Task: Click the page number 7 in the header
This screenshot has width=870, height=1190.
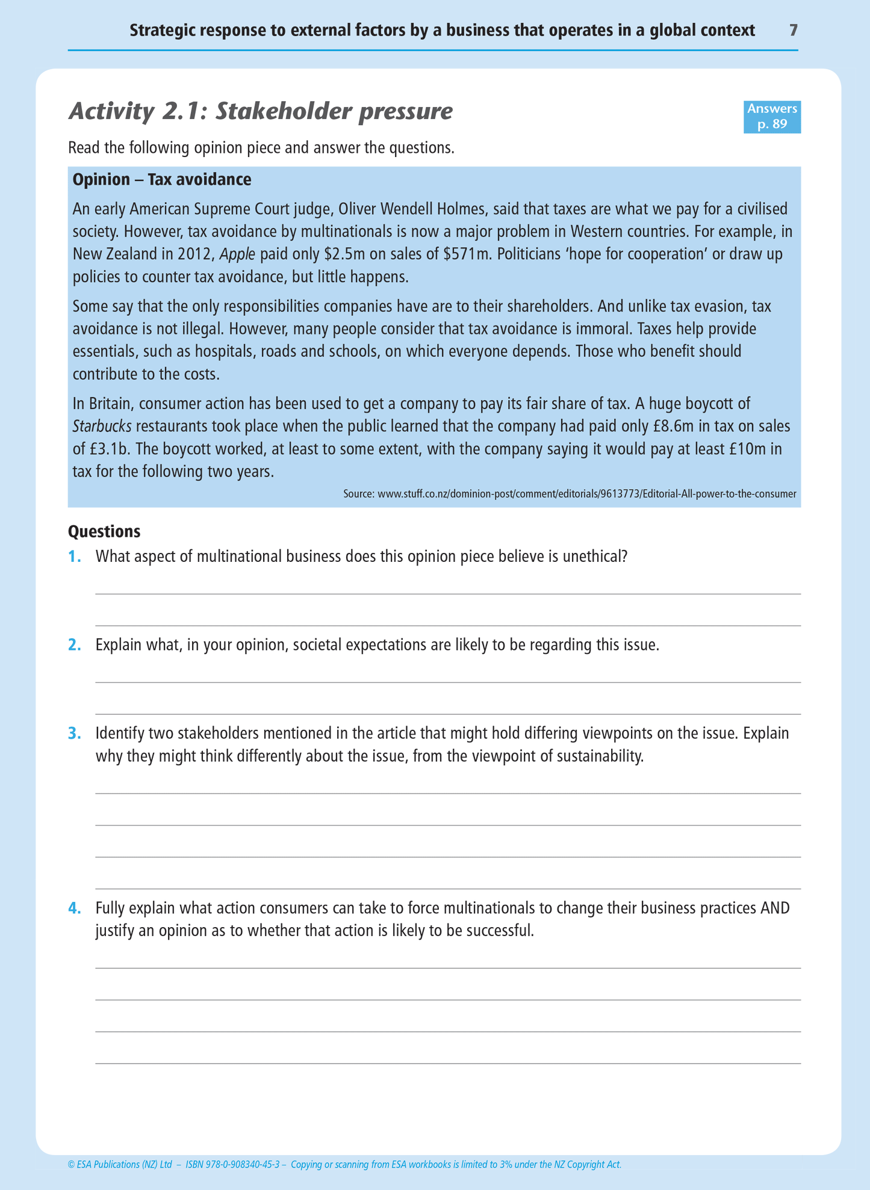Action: coord(793,30)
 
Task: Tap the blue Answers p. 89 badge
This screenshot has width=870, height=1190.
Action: coord(772,117)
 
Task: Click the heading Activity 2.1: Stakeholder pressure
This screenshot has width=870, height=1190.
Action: coord(260,112)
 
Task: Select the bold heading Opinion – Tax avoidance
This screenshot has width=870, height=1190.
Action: coord(162,180)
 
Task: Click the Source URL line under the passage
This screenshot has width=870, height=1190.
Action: coord(570,495)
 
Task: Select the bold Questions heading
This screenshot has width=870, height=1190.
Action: coord(104,532)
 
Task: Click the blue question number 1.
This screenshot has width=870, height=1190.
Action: coord(74,556)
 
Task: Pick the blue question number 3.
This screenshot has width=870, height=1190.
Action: coord(74,734)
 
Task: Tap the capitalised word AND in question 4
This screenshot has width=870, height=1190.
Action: coord(775,908)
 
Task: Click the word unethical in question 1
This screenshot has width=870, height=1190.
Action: coord(594,556)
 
